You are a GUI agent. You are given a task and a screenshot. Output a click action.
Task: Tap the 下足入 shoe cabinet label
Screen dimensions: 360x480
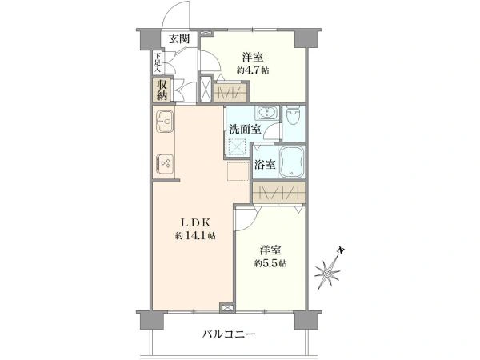coord(158,61)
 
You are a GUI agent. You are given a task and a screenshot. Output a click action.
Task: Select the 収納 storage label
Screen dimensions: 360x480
coord(162,88)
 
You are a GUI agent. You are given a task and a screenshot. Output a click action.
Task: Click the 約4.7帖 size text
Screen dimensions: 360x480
coord(253,70)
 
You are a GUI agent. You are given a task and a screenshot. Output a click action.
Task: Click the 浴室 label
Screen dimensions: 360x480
coord(265,165)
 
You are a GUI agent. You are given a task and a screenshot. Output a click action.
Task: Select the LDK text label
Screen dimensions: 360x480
coord(195,222)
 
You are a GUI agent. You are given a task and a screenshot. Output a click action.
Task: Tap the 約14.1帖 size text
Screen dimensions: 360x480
coord(195,236)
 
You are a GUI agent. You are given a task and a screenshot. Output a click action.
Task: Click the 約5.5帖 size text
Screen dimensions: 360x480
coord(270,262)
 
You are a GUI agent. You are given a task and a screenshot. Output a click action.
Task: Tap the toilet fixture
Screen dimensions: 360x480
coord(294,117)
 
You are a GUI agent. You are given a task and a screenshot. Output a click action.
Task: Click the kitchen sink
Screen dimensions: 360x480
coord(167,125)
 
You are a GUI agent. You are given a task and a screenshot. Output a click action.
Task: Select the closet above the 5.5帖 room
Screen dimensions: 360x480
coord(278,192)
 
